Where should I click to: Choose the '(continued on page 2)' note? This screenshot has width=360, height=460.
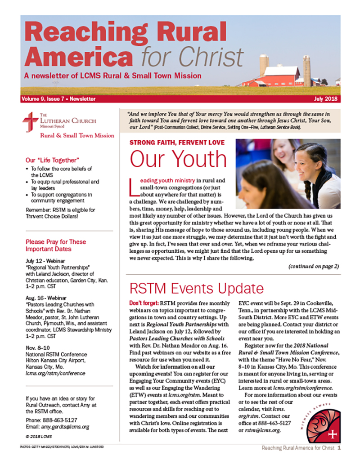coord(313,266)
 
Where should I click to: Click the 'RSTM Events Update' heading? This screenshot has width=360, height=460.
coord(197,288)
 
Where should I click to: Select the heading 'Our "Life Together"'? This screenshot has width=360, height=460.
coord(53,160)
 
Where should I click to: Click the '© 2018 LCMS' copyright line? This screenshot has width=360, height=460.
coord(40,437)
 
